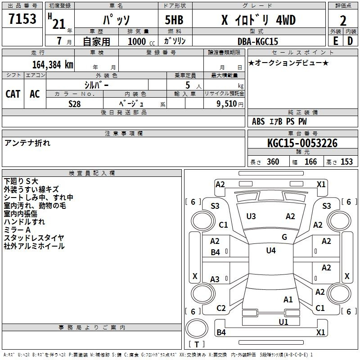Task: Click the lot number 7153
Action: (22, 18)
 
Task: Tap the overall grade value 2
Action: (343, 21)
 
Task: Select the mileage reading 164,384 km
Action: (53, 65)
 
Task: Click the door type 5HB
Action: (174, 20)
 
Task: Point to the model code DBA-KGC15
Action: (258, 41)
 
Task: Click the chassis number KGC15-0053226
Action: (302, 143)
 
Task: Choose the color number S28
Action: (75, 104)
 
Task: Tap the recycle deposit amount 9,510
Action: (227, 104)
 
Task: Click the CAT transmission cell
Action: (13, 94)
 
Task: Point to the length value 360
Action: (273, 162)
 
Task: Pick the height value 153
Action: (346, 162)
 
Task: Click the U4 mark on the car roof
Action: (271, 251)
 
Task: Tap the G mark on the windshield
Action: (284, 237)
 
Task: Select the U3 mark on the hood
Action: (251, 216)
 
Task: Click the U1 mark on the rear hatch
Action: (283, 322)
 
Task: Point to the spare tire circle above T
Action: (197, 328)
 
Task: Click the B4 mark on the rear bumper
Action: (221, 332)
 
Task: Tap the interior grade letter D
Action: (350, 41)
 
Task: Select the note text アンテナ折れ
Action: (27, 143)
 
